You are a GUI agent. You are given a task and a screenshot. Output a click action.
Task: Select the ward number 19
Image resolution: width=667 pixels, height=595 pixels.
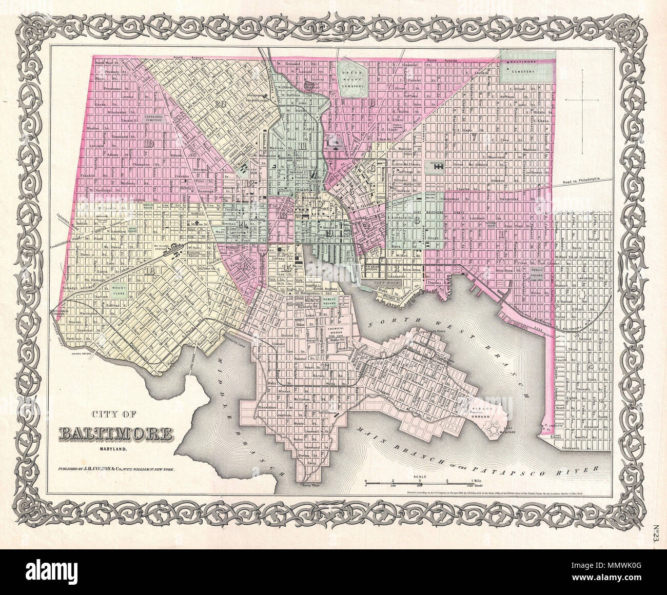[150, 143]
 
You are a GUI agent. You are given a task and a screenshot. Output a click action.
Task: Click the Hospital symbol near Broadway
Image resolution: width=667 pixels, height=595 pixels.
[438, 166]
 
